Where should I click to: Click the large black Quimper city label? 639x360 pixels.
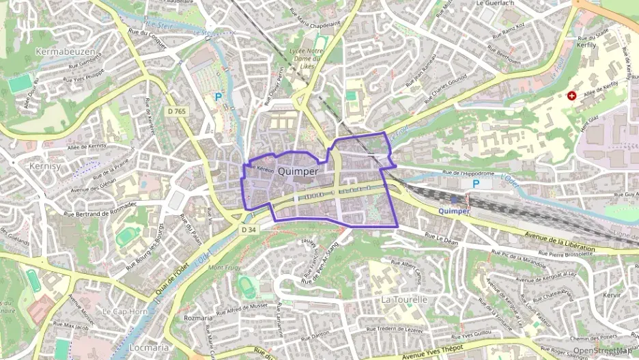pyautogui.click(x=298, y=171)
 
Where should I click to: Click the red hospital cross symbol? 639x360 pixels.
pyautogui.click(x=571, y=97)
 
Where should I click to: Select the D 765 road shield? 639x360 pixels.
pyautogui.click(x=176, y=111)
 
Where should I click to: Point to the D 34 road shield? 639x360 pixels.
pyautogui.click(x=248, y=230)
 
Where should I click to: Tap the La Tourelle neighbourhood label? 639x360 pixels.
pyautogui.click(x=404, y=299)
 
